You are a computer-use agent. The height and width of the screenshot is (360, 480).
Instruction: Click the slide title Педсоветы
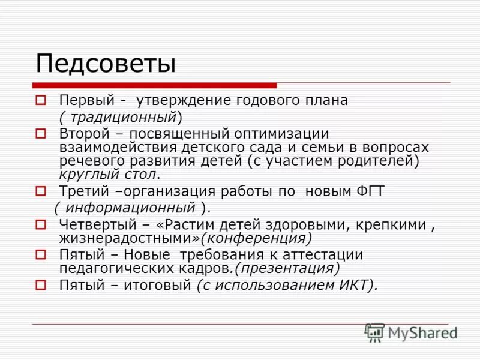pyautogui.click(x=105, y=64)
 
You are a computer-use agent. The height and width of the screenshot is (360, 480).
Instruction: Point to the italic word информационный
pyautogui.click(x=130, y=208)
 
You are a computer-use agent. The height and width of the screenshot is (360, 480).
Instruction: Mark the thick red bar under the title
pyautogui.click(x=154, y=85)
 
